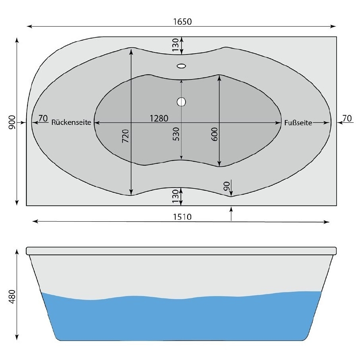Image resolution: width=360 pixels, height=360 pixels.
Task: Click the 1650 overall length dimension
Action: click(x=182, y=22)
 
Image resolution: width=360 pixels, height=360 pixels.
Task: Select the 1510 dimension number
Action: click(x=182, y=217)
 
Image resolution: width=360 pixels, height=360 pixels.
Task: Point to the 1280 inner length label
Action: click(x=159, y=118)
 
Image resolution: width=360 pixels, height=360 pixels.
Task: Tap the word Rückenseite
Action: click(x=72, y=123)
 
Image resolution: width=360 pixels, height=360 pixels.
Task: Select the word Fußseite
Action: click(x=298, y=123)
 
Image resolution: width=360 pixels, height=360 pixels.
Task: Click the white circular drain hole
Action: click(x=181, y=102)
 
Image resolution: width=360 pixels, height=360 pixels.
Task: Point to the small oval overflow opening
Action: click(x=181, y=66)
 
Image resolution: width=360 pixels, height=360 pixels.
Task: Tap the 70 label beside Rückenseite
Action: click(x=43, y=118)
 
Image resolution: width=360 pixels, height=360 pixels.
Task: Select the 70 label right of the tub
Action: click(x=347, y=118)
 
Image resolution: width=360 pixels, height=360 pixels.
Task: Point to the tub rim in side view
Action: click(x=182, y=251)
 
